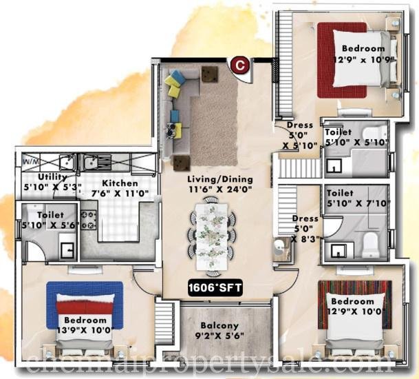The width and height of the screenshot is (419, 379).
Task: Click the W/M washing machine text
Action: pos(30,163)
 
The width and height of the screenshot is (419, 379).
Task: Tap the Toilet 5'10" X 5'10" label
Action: pos(347,136)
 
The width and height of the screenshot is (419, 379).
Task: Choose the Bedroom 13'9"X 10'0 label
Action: pos(85,327)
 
